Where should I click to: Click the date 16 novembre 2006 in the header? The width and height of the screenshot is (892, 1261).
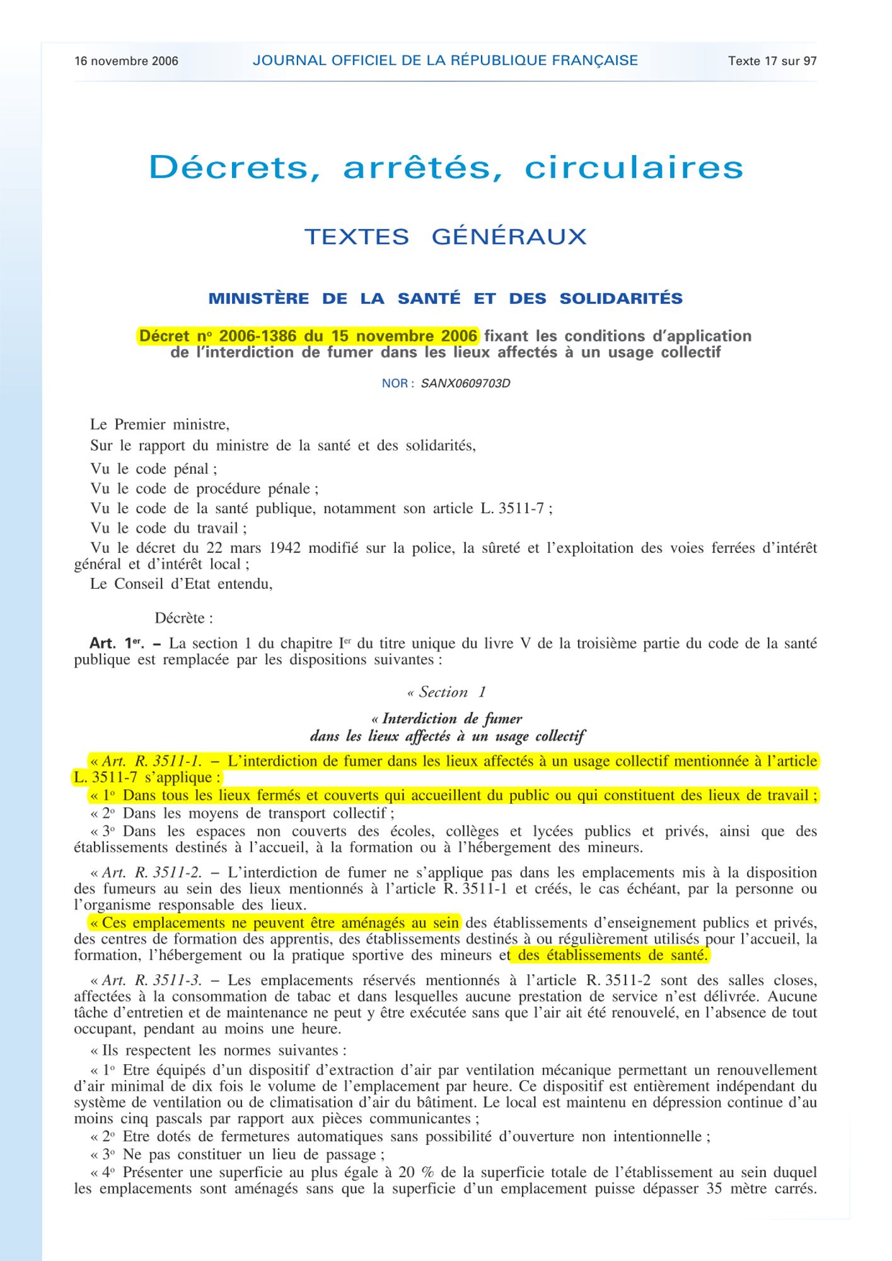pos(126,61)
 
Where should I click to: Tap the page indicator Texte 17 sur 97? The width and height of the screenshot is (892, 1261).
pos(772,61)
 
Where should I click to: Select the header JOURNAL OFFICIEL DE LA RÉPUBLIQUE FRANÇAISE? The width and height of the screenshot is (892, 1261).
pos(445,61)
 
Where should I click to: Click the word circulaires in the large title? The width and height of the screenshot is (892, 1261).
pos(634,168)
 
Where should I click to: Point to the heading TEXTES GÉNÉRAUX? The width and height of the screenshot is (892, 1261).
pos(445,237)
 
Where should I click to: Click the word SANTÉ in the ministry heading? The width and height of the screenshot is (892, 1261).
pos(429,299)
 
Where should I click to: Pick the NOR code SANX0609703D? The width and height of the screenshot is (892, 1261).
pos(465,383)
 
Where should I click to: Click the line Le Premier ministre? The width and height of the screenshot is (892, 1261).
pos(159,424)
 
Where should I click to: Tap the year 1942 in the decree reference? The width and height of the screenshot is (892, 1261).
pos(284,548)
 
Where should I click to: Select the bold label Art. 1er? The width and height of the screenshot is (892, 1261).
pos(117,644)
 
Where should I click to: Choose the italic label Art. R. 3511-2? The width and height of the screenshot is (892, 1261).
pos(151,873)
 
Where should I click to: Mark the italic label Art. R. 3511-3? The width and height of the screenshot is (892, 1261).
pos(151,980)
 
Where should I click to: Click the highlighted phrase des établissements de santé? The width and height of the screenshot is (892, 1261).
pos(611,955)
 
